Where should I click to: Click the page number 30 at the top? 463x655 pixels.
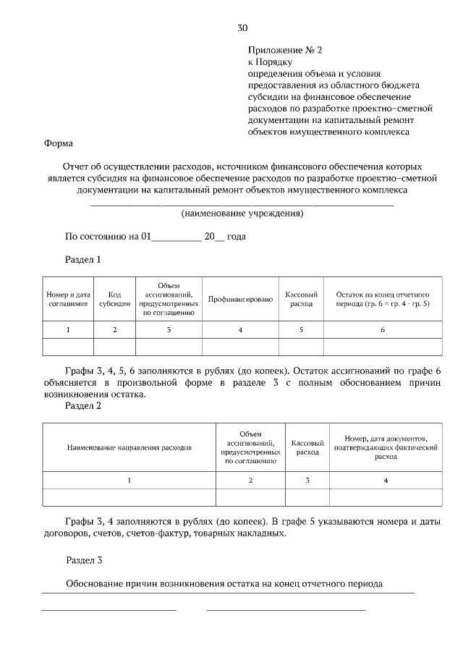point(242,28)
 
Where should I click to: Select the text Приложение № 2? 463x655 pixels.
point(284,51)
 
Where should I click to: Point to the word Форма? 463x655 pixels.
point(59,143)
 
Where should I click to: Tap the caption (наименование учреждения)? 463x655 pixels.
point(242,214)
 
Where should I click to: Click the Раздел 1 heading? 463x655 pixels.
point(83,258)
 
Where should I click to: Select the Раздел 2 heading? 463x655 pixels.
point(83,406)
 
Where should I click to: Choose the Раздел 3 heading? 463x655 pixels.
point(83,559)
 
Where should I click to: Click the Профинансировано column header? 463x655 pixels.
point(240,300)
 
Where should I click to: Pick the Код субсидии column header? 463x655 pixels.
point(114,300)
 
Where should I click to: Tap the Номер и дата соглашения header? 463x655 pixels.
point(68,300)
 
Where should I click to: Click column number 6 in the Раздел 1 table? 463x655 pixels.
point(383,330)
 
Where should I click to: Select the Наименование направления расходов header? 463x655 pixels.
point(129,448)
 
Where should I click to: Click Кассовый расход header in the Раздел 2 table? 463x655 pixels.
point(307,448)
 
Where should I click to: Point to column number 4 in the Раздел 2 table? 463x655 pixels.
point(386,480)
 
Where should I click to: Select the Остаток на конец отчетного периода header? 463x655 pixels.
point(383,300)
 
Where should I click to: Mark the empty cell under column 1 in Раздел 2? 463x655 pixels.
point(129,497)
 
